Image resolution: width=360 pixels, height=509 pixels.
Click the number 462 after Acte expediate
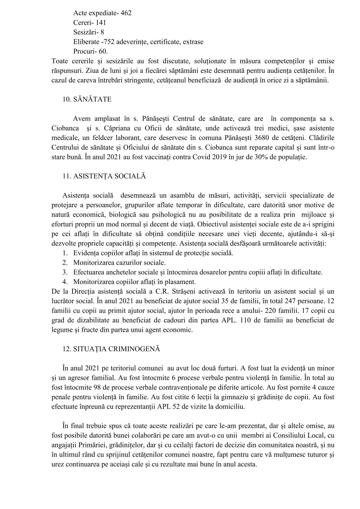[126, 13]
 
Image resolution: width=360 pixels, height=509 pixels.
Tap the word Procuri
[84, 51]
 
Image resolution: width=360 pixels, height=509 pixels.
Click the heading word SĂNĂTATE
[92, 100]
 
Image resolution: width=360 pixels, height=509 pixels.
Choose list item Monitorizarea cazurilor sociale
[119, 263]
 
